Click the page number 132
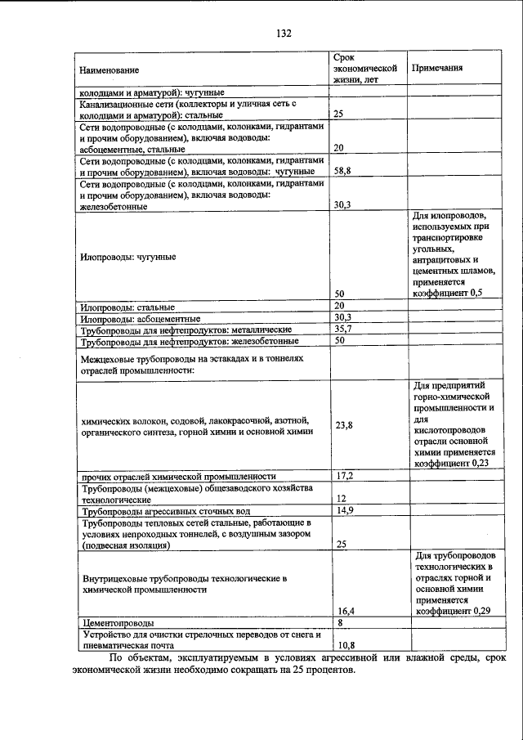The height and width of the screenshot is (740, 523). (284, 34)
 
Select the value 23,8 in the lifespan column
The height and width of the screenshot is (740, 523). (344, 425)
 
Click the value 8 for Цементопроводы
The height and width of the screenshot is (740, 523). (339, 622)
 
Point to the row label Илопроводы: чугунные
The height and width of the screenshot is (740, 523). (129, 256)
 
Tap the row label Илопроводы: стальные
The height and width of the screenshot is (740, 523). (125, 306)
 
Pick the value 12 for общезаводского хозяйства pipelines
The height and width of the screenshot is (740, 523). (341, 498)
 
